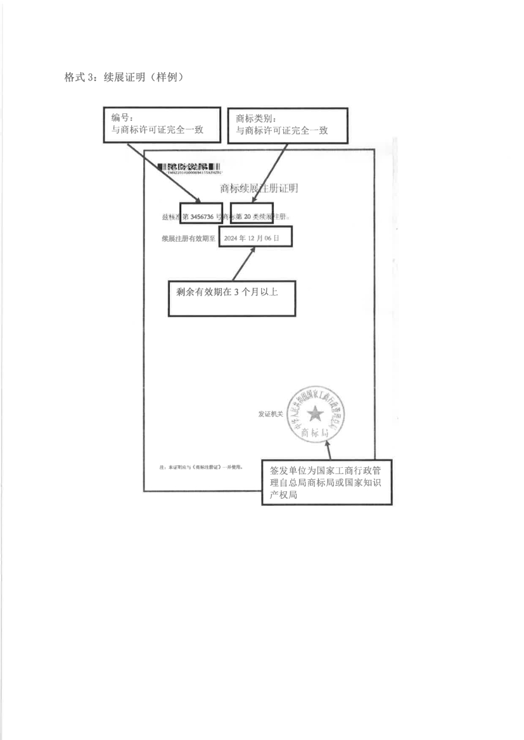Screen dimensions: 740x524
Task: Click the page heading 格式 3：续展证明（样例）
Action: (124, 77)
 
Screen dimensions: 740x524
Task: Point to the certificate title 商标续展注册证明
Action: (259, 188)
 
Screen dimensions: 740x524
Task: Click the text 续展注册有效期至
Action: (188, 239)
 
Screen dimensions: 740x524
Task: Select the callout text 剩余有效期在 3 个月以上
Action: (233, 293)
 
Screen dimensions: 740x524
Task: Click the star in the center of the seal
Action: (314, 414)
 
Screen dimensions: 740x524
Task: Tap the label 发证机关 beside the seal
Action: (270, 414)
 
